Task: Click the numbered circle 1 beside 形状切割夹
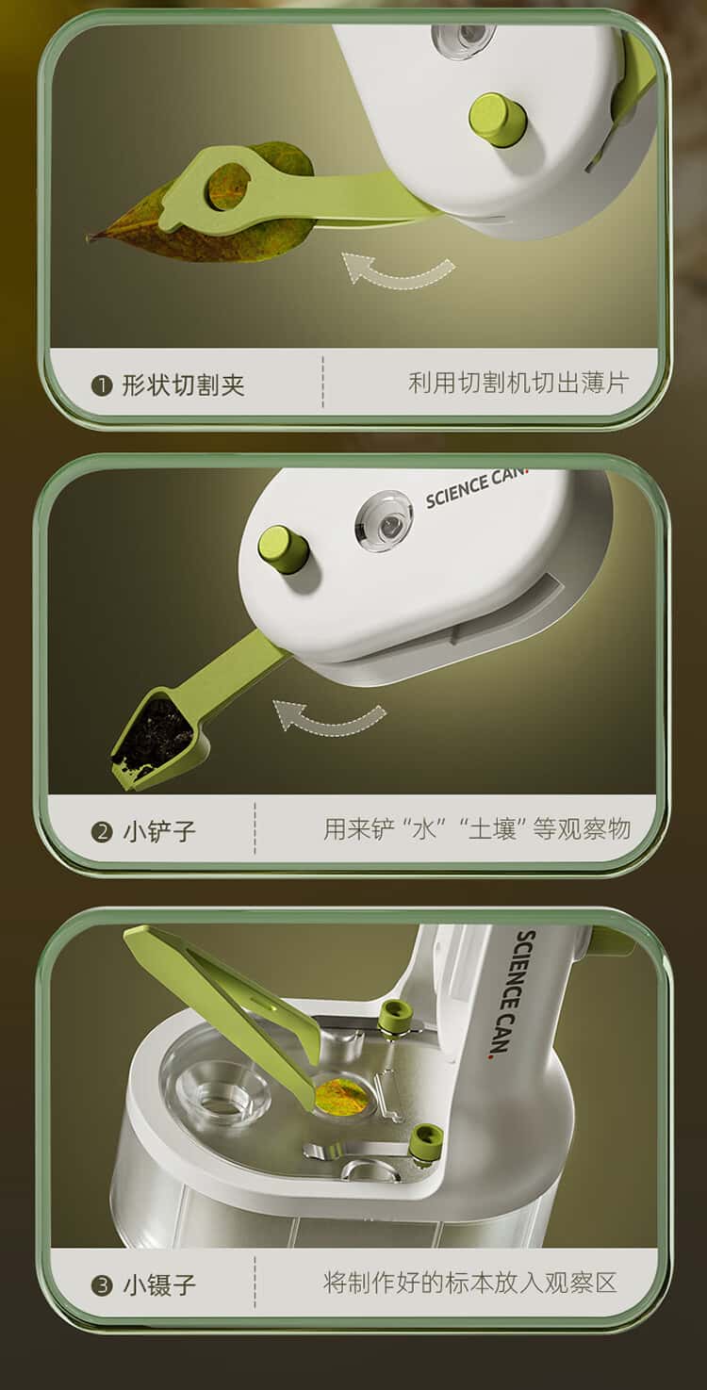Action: (101, 386)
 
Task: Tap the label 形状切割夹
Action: (183, 384)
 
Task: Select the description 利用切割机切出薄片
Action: (518, 383)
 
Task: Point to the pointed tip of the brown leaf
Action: (89, 237)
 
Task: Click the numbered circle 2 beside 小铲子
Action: (102, 831)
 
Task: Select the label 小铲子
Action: (159, 830)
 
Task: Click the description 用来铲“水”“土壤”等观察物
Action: (477, 829)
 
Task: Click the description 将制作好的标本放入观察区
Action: (469, 1282)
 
